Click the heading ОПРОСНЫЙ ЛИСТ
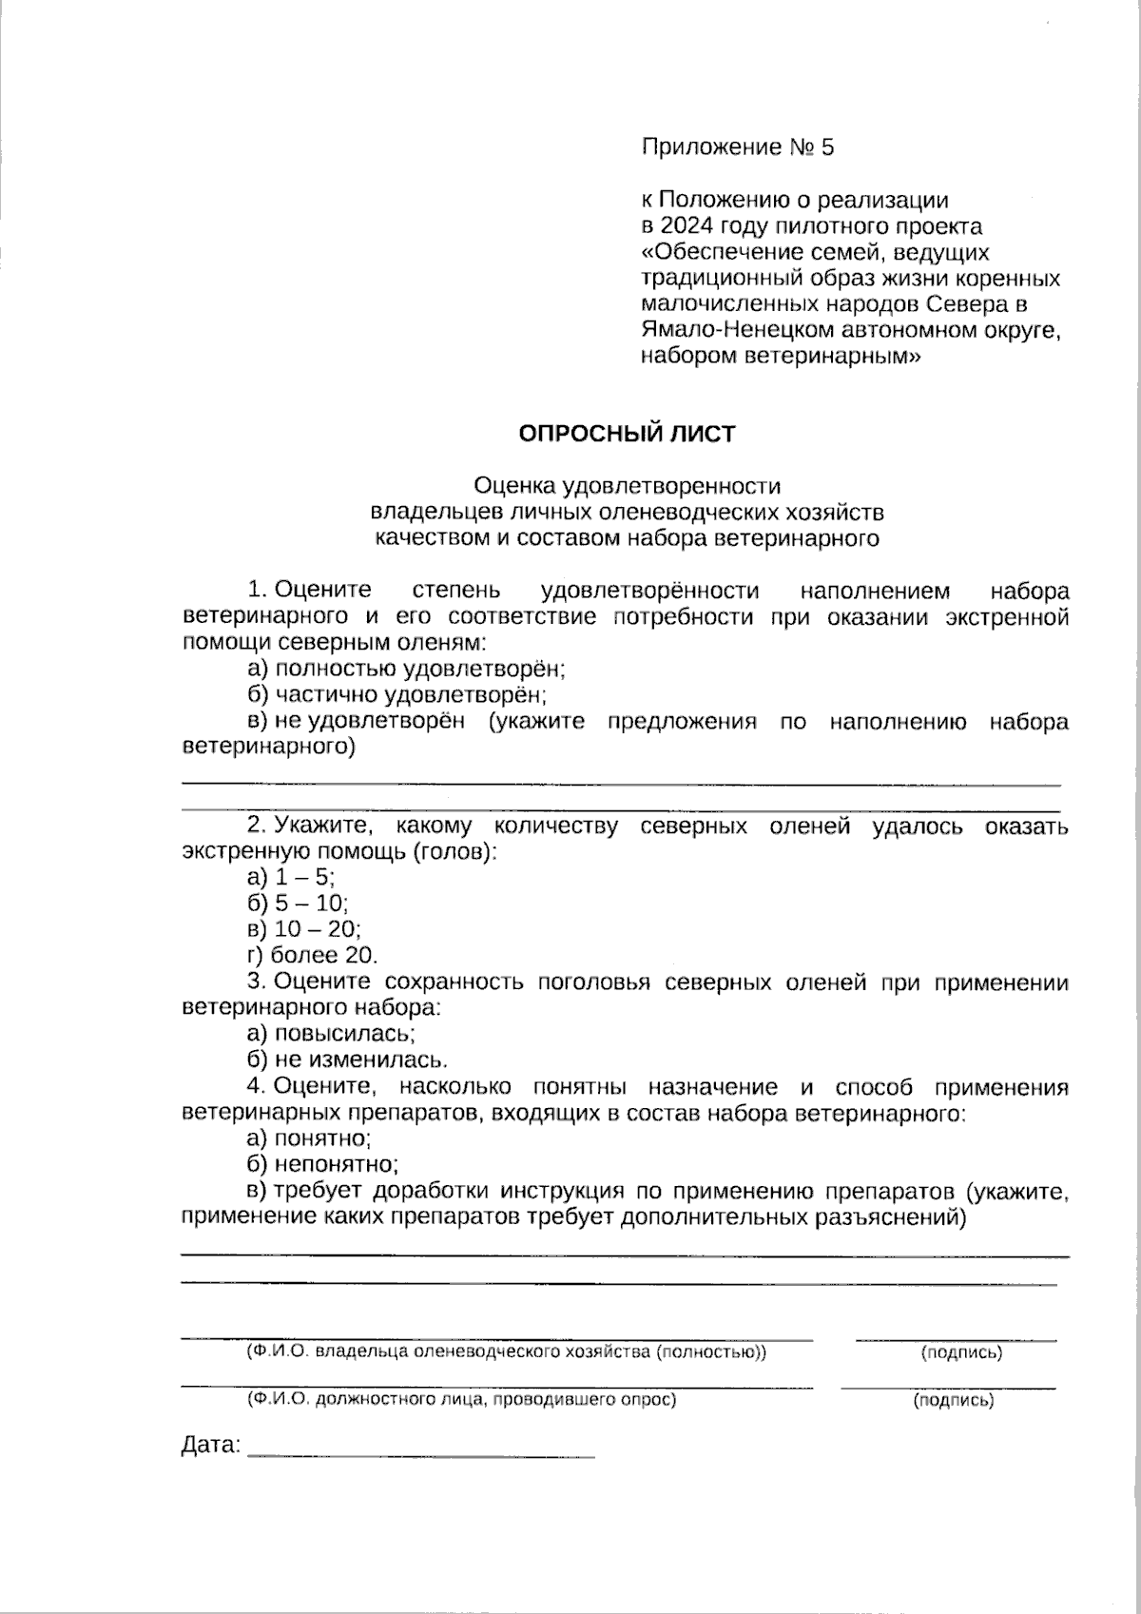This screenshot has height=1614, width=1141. click(627, 434)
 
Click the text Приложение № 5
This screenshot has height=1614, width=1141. click(737, 147)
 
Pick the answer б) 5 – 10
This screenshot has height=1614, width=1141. click(297, 903)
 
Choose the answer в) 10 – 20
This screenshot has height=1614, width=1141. click(303, 929)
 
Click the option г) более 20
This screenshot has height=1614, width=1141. click(312, 955)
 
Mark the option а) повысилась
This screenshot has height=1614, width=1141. click(331, 1033)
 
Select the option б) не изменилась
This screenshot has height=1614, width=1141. click(347, 1060)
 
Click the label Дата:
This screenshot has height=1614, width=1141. click(210, 1447)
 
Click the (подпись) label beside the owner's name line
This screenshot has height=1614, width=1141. click(960, 1352)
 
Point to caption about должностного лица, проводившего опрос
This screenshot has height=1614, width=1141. click(461, 1400)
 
